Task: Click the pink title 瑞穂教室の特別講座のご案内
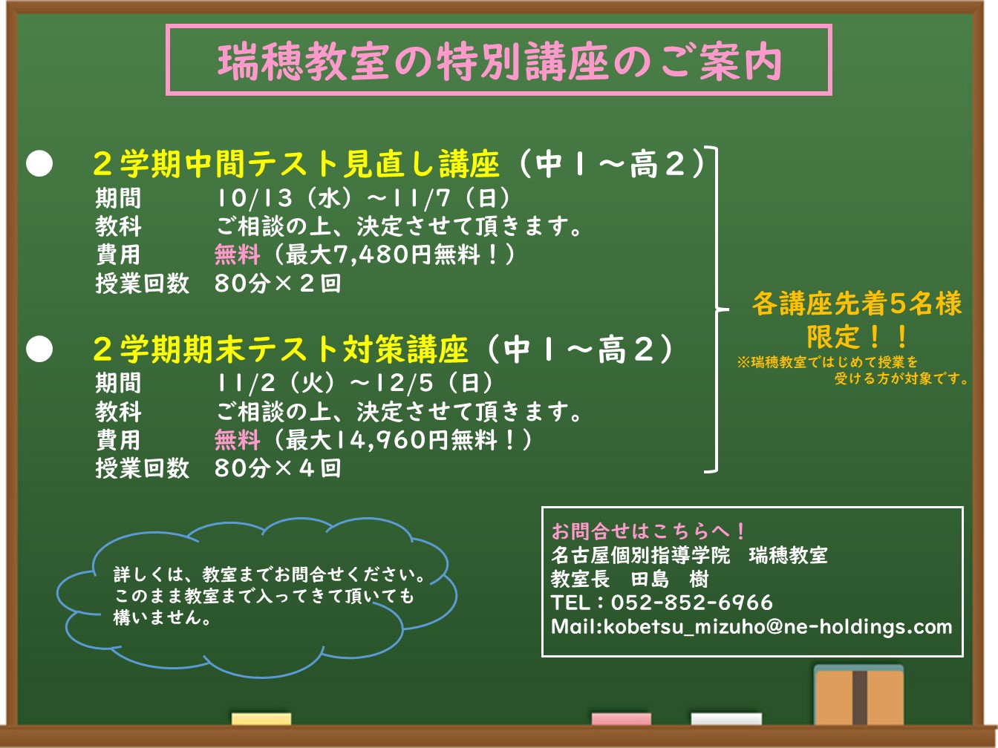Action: coord(499,62)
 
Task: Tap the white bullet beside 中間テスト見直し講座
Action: coord(39,163)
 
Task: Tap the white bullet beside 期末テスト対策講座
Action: coord(39,349)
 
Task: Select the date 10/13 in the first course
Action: coord(254,197)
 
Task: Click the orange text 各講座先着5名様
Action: coord(857,304)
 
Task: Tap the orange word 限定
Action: coord(833,337)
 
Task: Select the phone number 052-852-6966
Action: coord(691,603)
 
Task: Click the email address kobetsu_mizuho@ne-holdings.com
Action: coord(777,627)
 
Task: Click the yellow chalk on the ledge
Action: coord(261,719)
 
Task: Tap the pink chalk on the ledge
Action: coord(621,719)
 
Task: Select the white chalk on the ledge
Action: coord(726,719)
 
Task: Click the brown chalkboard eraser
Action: coord(859,695)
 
